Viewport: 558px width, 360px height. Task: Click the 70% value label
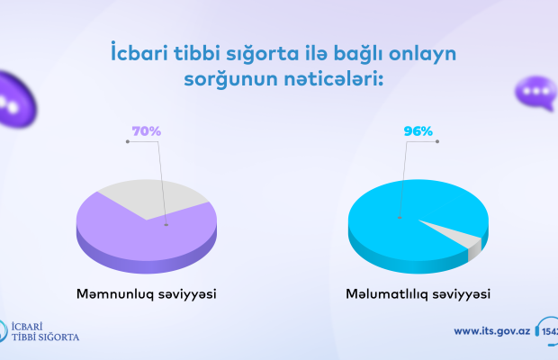(x=147, y=131)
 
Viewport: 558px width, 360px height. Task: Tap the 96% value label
(x=418, y=131)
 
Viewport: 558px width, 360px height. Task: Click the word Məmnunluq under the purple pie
(x=115, y=294)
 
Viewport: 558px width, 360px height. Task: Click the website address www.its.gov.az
(x=492, y=331)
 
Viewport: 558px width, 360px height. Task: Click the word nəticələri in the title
(x=333, y=78)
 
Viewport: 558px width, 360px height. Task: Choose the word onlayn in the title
(x=422, y=55)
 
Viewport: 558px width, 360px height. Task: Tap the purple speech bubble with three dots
(x=535, y=94)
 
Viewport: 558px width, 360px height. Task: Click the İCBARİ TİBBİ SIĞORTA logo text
(x=45, y=331)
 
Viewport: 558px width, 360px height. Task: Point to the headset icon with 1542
(x=546, y=331)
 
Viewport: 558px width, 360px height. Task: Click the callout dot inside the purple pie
(x=166, y=225)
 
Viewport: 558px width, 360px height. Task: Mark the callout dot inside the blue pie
(x=400, y=218)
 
